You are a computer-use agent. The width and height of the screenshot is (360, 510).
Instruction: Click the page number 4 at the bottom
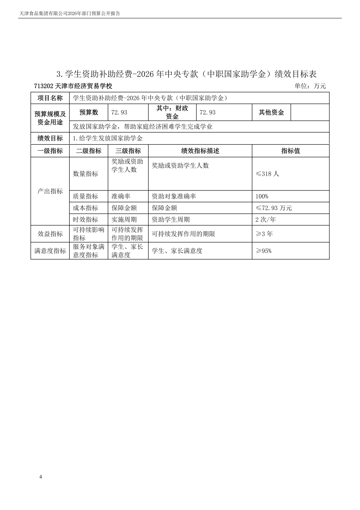(41, 477)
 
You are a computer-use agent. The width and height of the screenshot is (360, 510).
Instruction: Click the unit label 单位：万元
(310, 86)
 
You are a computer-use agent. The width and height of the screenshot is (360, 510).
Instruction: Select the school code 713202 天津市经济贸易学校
(73, 86)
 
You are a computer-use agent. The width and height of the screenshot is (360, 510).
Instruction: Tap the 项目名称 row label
(50, 98)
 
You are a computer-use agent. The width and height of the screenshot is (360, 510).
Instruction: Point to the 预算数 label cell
(89, 112)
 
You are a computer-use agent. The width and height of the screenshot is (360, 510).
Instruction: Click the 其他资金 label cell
(271, 112)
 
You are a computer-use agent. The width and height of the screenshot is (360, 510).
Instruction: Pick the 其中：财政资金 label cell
(172, 112)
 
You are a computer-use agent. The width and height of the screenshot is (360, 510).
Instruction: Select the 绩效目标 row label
(50, 139)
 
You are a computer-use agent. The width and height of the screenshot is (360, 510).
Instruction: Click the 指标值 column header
(290, 151)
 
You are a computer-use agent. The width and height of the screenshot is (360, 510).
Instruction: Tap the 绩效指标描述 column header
(200, 151)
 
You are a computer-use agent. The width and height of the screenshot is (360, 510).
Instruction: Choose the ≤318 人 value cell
(267, 174)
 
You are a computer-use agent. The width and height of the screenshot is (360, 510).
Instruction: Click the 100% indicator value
(262, 197)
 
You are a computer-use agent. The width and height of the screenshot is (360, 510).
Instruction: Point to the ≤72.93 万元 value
(274, 208)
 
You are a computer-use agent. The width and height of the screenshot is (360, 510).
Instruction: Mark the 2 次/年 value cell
(266, 220)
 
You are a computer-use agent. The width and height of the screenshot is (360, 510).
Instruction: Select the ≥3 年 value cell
(264, 234)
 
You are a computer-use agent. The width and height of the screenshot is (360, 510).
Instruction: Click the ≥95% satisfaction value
(264, 251)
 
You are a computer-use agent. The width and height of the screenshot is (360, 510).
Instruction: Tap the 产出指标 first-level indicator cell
(50, 191)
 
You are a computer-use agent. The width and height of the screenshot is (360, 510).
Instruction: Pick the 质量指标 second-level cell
(86, 197)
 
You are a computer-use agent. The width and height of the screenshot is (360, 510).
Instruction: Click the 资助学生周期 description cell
(171, 220)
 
